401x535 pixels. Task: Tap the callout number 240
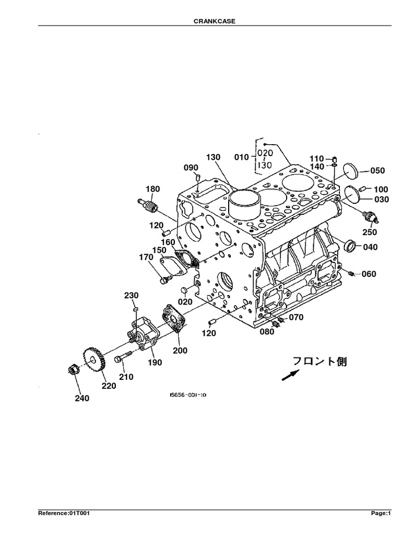coord(81,398)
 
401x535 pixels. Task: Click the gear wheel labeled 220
coord(93,359)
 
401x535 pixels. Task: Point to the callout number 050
coord(377,170)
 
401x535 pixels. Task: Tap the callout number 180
coord(153,189)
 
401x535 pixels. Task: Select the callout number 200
coord(180,351)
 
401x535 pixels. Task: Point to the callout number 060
coord(369,274)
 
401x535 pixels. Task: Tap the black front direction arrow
coord(291,375)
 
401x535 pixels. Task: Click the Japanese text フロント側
coord(319,361)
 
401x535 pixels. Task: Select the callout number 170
coord(146,257)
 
